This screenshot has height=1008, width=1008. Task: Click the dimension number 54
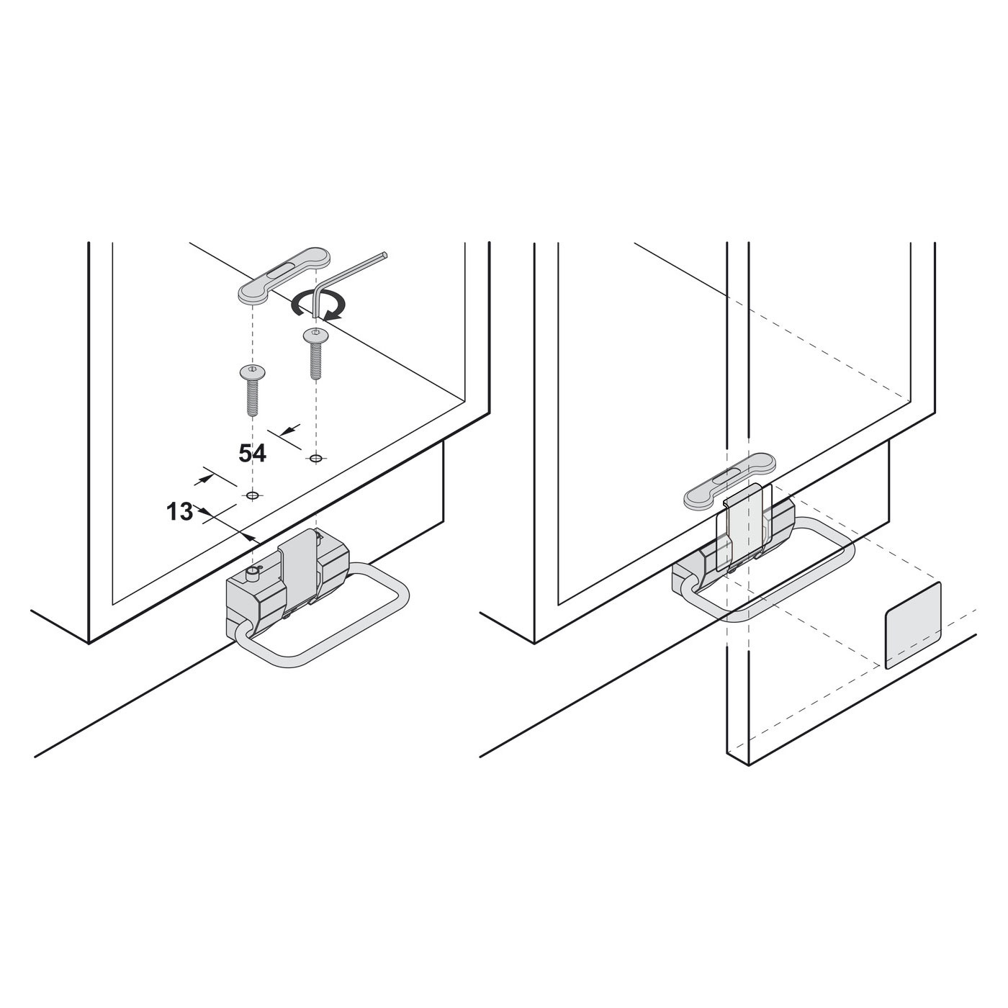(253, 453)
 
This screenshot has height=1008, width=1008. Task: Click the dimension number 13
(180, 511)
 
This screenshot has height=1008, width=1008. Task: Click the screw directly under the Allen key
(315, 354)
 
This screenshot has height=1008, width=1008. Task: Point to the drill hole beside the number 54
(315, 458)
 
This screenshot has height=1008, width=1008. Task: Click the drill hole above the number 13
(253, 495)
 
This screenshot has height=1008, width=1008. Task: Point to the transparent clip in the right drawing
(747, 528)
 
